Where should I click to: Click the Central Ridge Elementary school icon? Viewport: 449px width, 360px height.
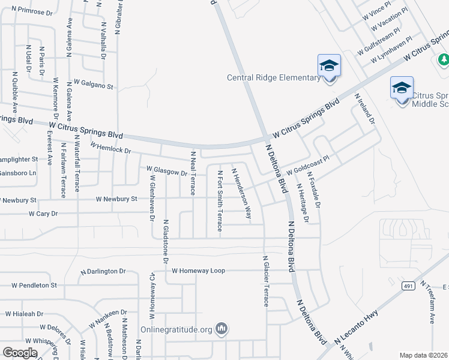coord(329,65)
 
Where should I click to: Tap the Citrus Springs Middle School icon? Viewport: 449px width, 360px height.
coord(402,88)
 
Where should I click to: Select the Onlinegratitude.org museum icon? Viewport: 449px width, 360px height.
coord(222,329)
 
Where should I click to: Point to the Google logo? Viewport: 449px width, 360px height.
coord(20,353)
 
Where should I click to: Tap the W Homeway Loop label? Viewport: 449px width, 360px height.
coord(198,271)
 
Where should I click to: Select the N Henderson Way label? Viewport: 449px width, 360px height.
coord(241,192)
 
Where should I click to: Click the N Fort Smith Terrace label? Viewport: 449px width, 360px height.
coord(220,200)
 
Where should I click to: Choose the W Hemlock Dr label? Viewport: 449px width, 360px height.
coord(110,148)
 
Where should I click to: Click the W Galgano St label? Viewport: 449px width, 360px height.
coord(93,85)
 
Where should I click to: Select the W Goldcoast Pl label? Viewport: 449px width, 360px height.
coord(313,167)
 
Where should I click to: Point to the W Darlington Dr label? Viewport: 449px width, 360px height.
coord(102,271)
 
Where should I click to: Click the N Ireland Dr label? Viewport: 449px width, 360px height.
coord(364,108)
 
